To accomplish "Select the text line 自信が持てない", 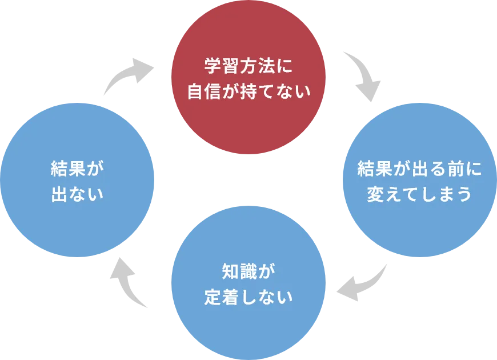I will (248, 91).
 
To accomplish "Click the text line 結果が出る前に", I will (419, 169).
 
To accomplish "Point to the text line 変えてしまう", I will (419, 194).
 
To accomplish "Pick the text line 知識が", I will (248, 271).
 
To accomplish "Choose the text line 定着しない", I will (248, 297).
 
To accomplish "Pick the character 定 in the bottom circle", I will (213, 297).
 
